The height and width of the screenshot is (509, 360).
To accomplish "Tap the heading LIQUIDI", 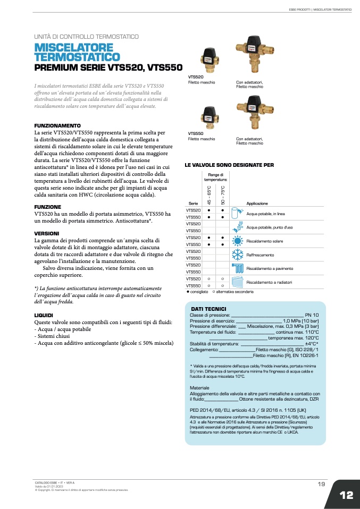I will [44, 316].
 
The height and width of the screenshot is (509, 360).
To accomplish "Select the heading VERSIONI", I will [47, 234].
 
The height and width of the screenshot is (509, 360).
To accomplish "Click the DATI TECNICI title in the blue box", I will [208, 309].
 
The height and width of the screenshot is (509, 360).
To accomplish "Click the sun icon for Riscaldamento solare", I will [238, 241].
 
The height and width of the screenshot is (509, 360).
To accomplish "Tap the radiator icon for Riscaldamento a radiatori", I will [238, 282].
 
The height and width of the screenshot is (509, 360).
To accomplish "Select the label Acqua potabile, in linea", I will [266, 214].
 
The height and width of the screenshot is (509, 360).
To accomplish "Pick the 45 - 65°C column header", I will [209, 195].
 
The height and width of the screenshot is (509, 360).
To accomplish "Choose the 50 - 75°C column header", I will [223, 195].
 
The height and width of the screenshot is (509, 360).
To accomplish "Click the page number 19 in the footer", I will [321, 483].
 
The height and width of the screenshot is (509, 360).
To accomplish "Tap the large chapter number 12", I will [346, 495].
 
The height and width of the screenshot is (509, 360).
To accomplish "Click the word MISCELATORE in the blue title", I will [73, 47].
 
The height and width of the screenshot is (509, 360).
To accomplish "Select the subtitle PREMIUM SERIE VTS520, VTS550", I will [108, 68].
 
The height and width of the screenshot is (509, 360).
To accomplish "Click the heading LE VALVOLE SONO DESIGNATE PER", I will [229, 165].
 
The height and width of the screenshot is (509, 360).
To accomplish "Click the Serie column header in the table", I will [193, 203].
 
